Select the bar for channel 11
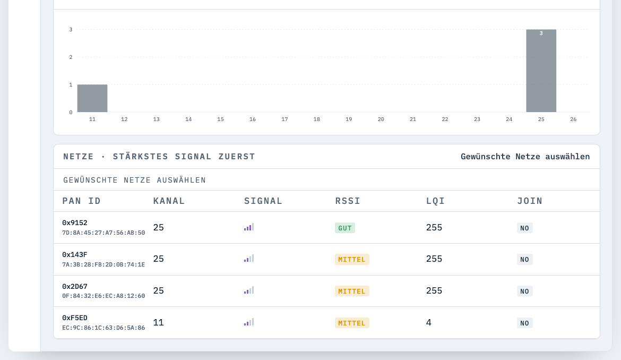point(92,98)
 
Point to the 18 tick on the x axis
point(317,119)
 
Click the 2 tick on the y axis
point(71,57)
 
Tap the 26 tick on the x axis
point(573,119)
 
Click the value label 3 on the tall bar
point(541,33)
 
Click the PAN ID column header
point(81,201)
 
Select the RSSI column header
point(348,201)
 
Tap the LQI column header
point(435,201)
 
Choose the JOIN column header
point(530,201)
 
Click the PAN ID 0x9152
point(75,223)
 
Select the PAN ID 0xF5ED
point(75,318)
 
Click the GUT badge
point(345,228)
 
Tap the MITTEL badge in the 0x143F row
point(352,259)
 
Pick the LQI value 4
point(429,322)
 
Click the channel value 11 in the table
point(158,322)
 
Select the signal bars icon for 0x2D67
point(249,290)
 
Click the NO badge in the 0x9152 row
point(524,228)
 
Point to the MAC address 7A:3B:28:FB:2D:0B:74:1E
point(103,264)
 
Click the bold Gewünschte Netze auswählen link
point(525,157)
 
